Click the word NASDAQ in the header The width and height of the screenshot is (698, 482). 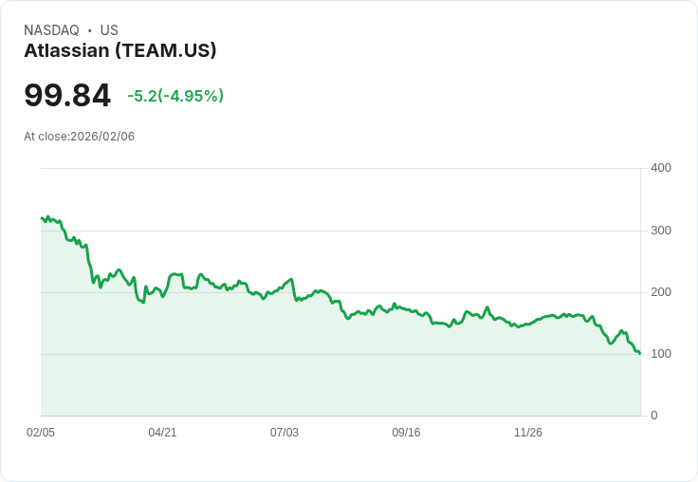coord(51,30)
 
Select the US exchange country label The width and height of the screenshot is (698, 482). coord(109,30)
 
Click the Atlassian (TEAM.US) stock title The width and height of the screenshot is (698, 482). coord(120,50)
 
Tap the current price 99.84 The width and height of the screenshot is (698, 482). coord(67,95)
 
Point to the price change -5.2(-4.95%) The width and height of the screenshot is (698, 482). coord(175,96)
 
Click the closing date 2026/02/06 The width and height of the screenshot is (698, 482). coord(102,137)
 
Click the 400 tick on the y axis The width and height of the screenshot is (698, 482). coord(660,168)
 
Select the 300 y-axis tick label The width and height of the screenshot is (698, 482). coord(660,231)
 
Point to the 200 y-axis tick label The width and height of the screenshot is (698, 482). coord(660,292)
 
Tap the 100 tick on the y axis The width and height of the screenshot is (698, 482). coord(660,354)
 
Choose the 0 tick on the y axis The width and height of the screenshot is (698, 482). coord(654,416)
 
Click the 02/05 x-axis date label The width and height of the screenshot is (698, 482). coord(41,433)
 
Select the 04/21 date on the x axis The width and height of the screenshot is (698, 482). coord(162,433)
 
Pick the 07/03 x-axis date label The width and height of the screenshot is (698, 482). coord(284,433)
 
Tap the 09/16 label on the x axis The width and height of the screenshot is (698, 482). coord(406,433)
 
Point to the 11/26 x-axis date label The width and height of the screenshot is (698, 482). coord(527,433)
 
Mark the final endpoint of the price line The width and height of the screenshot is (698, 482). coord(640,354)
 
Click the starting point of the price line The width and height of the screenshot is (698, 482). coord(42,218)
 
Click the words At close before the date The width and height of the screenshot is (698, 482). coord(46,137)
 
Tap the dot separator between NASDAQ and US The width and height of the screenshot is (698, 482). coord(89,30)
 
